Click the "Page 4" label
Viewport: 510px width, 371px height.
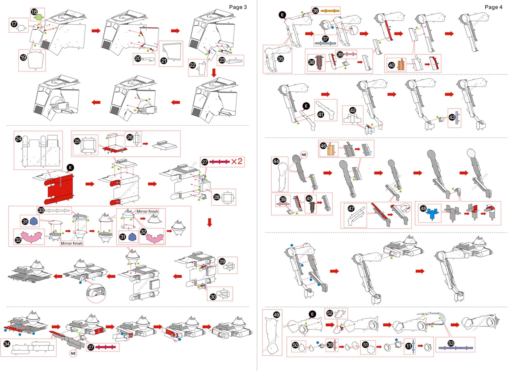[x=493, y=7]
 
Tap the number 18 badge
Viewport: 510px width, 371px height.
[x=34, y=12]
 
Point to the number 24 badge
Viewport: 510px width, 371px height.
[x=18, y=139]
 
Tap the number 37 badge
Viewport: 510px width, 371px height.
[x=325, y=39]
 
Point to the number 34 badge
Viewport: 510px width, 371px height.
[x=7, y=343]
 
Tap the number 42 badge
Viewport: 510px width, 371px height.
[x=353, y=110]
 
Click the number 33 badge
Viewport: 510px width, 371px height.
[x=40, y=210]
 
